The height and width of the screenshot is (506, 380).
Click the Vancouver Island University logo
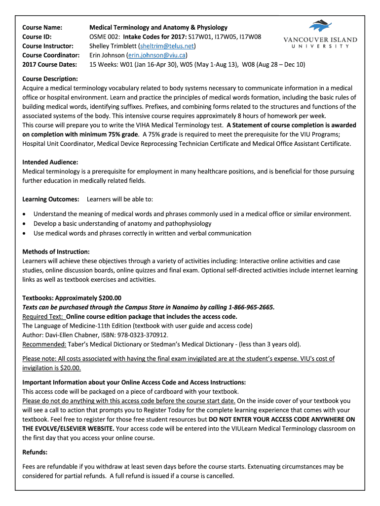pyautogui.click(x=320, y=35)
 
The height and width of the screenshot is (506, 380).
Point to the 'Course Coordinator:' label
pyautogui.click(x=51, y=55)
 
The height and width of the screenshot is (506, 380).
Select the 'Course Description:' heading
pyautogui.click(x=50, y=79)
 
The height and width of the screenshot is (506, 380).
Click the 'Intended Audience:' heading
pyautogui.click(x=50, y=162)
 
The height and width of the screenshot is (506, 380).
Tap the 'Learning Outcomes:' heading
pyautogui.click(x=51, y=199)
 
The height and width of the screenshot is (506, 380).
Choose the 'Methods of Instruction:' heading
pyautogui.click(x=56, y=252)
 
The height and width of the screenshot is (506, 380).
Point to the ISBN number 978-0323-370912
pyautogui.click(x=139, y=335)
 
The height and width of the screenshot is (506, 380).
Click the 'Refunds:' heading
pyautogui.click(x=35, y=452)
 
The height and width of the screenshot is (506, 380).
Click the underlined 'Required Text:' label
pyautogui.click(x=43, y=316)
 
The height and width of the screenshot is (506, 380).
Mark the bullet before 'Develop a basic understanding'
pyautogui.click(x=25, y=224)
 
